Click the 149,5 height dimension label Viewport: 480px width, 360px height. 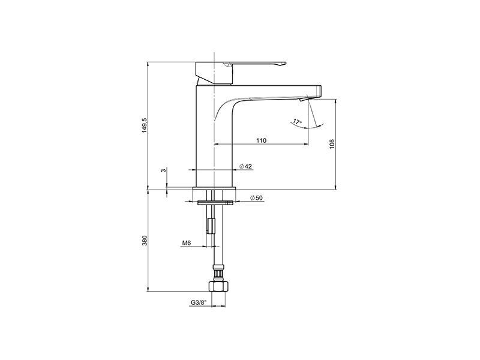pyautogui.click(x=145, y=125)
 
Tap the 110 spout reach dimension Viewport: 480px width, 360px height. pyautogui.click(x=261, y=140)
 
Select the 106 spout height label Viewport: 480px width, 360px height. pyautogui.click(x=332, y=144)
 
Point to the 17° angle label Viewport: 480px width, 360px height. pyautogui.click(x=297, y=122)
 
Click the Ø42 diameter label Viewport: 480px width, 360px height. pyautogui.click(x=246, y=166)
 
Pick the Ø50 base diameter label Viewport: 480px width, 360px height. pyautogui.click(x=257, y=198)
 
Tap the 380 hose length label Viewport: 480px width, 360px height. pyautogui.click(x=145, y=241)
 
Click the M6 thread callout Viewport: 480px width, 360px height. pyautogui.click(x=187, y=243)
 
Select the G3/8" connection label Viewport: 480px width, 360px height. pyautogui.click(x=199, y=302)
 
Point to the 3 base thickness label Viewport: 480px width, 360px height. pyautogui.click(x=164, y=170)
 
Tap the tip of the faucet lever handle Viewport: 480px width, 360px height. pyautogui.click(x=285, y=64)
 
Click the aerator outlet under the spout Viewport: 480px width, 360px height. pyautogui.click(x=304, y=99)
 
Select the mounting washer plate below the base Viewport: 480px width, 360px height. pyautogui.click(x=216, y=203)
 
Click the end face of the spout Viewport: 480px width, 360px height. pyautogui.click(x=320, y=91)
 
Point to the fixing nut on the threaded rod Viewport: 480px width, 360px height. pyautogui.click(x=211, y=226)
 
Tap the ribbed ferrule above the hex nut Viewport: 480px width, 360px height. pyautogui.click(x=217, y=275)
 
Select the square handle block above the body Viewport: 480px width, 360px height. pyautogui.click(x=214, y=73)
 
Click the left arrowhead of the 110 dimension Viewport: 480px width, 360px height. pyautogui.click(x=215, y=143)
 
